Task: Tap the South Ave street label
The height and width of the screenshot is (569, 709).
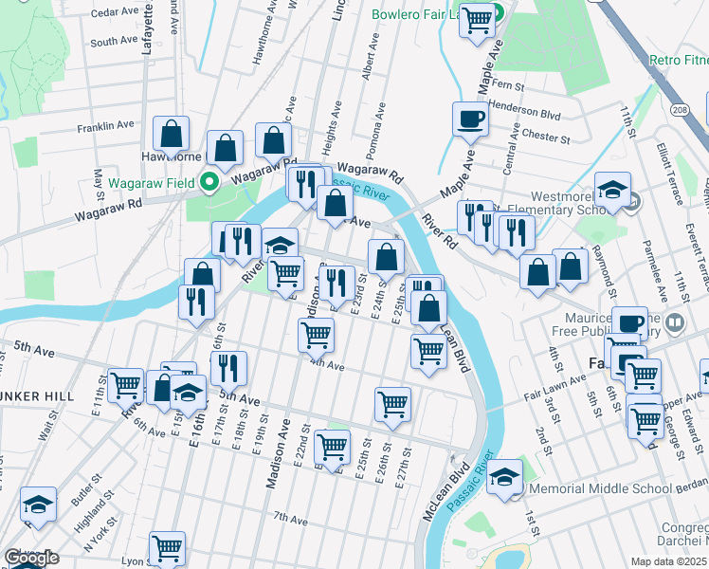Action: point(115,42)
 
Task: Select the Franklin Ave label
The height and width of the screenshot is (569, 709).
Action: point(106,125)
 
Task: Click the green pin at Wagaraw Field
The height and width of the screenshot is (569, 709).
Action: point(212,182)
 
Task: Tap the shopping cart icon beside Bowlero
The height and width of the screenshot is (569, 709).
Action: point(478,18)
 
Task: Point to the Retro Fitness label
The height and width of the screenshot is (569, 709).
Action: point(677,61)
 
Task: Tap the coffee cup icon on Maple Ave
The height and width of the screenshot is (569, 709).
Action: point(470,119)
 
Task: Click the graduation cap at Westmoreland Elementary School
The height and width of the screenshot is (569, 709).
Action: point(613,190)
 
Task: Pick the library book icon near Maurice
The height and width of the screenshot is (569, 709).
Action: point(675,322)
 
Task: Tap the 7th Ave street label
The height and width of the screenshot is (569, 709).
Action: point(291,519)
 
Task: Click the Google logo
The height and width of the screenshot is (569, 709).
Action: point(31,558)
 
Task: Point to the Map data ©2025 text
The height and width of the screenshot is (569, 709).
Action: point(668,561)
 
